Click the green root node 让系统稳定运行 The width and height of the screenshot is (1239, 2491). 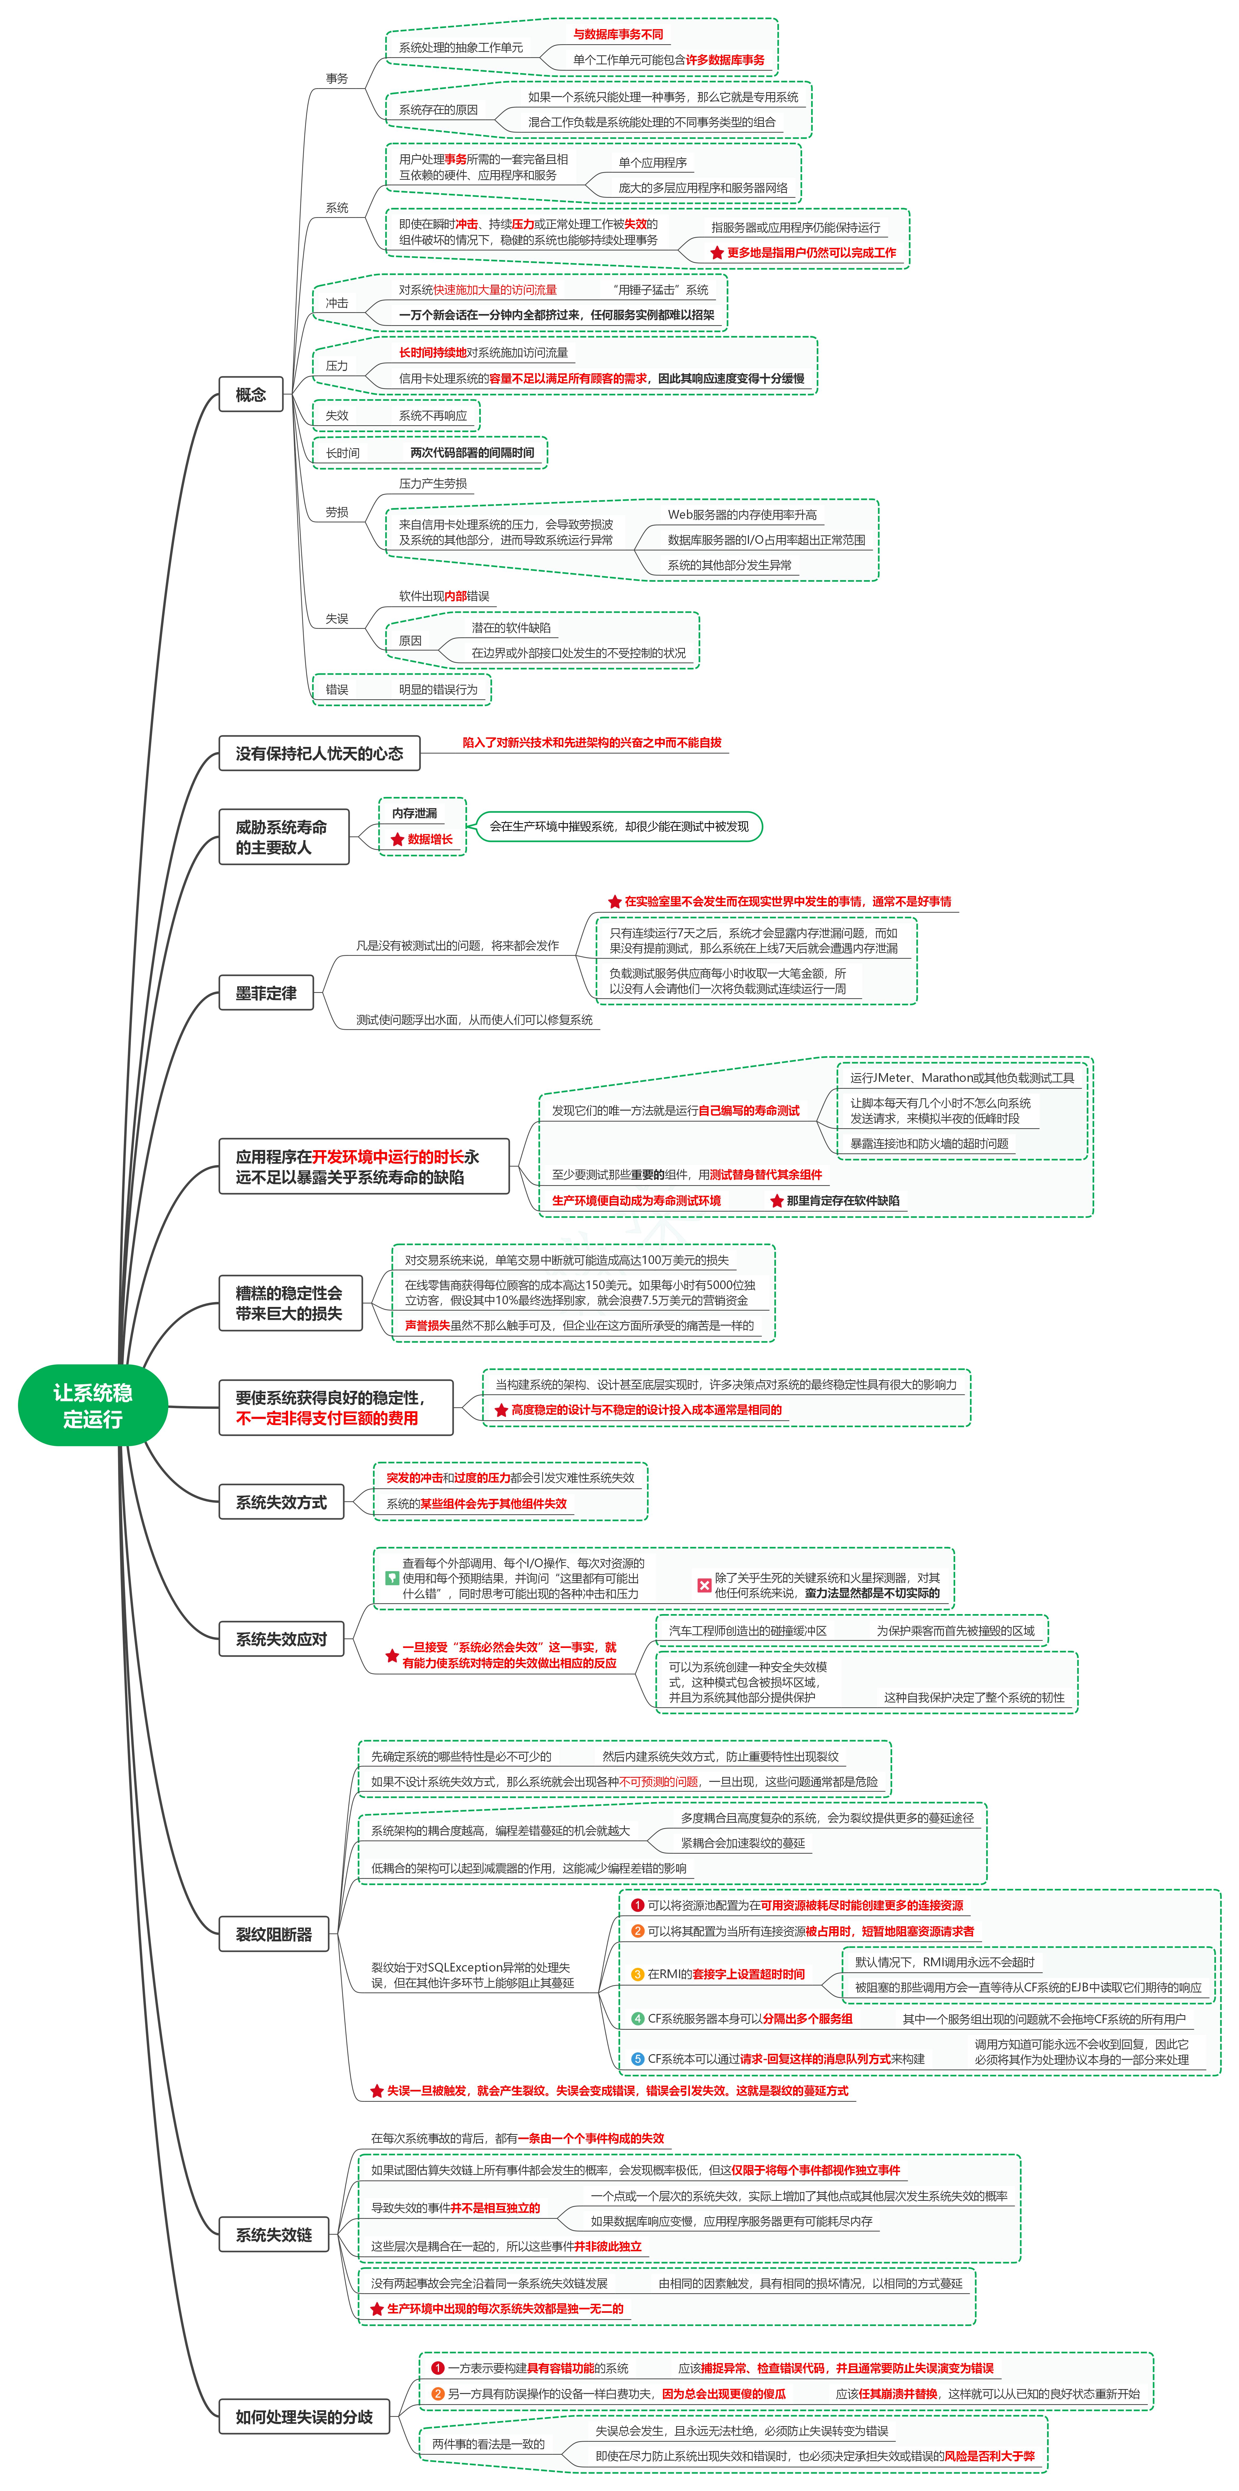pyautogui.click(x=93, y=1405)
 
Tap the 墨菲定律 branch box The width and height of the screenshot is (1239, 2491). pyautogui.click(x=266, y=993)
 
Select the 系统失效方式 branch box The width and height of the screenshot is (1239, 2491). pyautogui.click(x=281, y=1502)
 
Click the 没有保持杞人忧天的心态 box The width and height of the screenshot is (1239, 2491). pyautogui.click(x=319, y=753)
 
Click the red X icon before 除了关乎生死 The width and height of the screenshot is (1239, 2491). pyautogui.click(x=704, y=1585)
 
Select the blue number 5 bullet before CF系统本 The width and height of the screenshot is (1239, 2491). pyautogui.click(x=638, y=2059)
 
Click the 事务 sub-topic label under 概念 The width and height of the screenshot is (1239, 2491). pyautogui.click(x=336, y=78)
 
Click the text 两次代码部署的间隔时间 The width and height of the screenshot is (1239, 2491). pyautogui.click(x=472, y=452)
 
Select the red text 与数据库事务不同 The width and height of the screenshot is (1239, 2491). pyautogui.click(x=618, y=34)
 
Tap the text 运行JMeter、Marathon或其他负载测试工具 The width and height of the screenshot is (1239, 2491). pyautogui.click(x=961, y=1077)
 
